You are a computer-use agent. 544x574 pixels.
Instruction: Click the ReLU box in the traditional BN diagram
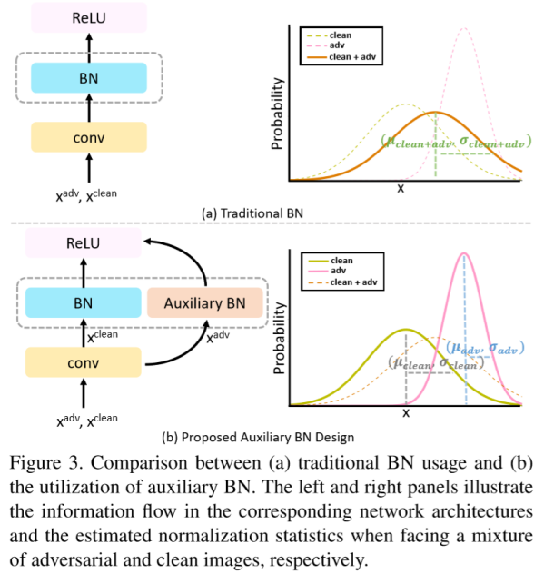click(88, 17)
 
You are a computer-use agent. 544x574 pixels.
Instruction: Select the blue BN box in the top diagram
click(88, 77)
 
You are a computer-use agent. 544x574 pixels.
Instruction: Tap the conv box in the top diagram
click(88, 137)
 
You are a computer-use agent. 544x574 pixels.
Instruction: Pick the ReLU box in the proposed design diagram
click(88, 242)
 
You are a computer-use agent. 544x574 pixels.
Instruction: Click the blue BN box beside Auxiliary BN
click(88, 302)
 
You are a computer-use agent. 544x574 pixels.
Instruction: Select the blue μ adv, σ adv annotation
click(487, 347)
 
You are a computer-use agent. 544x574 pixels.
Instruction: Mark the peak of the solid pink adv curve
click(464, 252)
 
